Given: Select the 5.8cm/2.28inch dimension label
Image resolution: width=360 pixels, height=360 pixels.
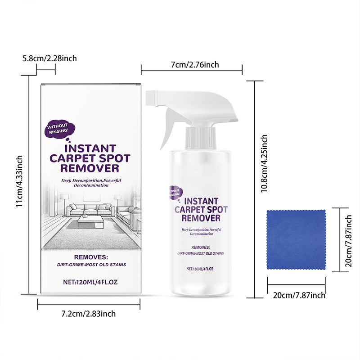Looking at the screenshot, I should click(50, 58).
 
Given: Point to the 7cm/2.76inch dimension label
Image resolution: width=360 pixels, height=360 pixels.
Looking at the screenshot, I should click(192, 65).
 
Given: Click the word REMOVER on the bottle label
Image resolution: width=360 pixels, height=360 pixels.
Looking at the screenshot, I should click(201, 218).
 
